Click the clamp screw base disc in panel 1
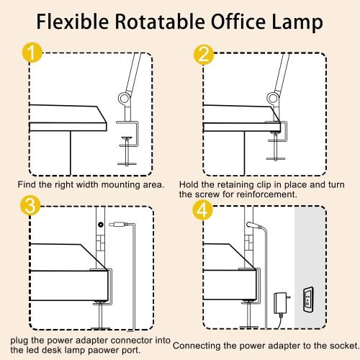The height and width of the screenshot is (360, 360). tap(127, 161)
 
